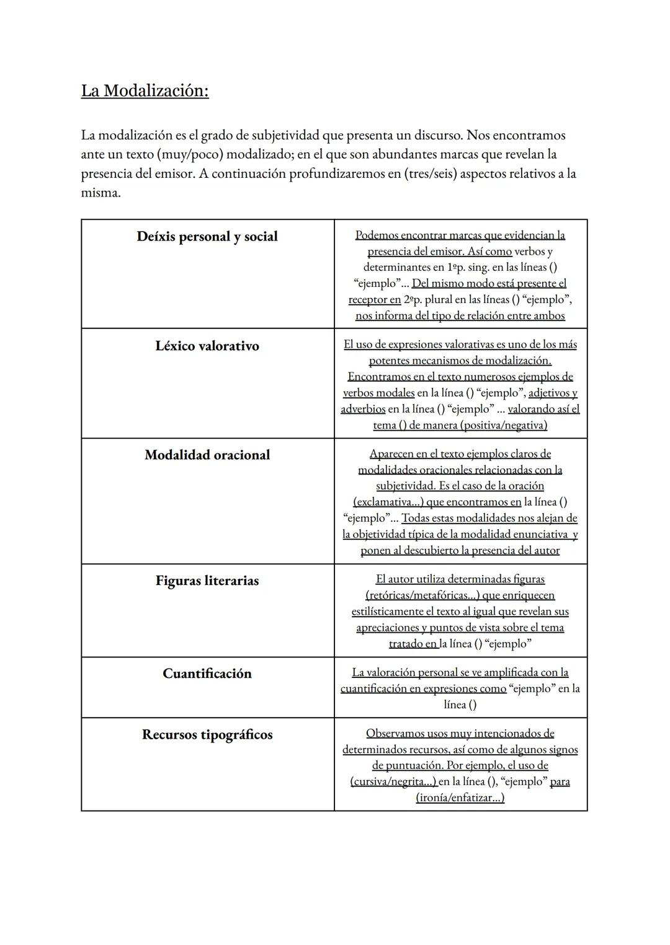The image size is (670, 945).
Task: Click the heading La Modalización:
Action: click(145, 91)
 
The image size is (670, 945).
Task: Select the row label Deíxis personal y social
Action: click(207, 237)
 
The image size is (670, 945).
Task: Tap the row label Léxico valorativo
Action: click(207, 346)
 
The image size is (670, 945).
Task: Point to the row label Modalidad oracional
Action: click(207, 455)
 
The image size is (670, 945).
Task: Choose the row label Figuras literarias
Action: click(207, 581)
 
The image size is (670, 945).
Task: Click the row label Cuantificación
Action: click(207, 674)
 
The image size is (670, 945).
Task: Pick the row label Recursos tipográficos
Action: click(207, 734)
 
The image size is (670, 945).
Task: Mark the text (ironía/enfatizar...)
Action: click(460, 798)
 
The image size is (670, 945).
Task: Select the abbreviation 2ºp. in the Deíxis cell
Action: click(414, 300)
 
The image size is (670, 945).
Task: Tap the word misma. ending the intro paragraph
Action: click(100, 193)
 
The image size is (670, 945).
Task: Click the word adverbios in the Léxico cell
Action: click(363, 409)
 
